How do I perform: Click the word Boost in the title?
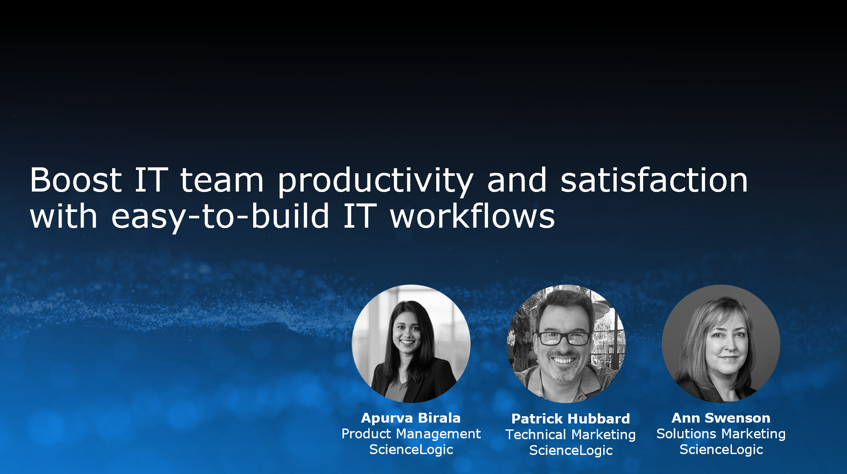[76, 180]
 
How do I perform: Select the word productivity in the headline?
[375, 181]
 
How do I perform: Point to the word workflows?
[472, 215]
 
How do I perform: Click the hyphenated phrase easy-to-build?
[220, 217]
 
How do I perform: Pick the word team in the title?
[222, 181]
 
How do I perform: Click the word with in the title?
[64, 215]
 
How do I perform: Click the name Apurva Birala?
[411, 418]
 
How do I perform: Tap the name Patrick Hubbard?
[570, 419]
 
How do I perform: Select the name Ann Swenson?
[721, 418]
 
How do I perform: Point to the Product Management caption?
[411, 434]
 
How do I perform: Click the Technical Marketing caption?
[570, 435]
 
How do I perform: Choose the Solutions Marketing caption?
[721, 434]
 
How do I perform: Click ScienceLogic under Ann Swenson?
[721, 449]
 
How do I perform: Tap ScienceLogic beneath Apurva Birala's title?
[411, 449]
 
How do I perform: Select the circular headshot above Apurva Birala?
[411, 344]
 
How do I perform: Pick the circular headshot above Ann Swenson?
[721, 344]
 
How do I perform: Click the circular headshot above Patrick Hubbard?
[566, 344]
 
